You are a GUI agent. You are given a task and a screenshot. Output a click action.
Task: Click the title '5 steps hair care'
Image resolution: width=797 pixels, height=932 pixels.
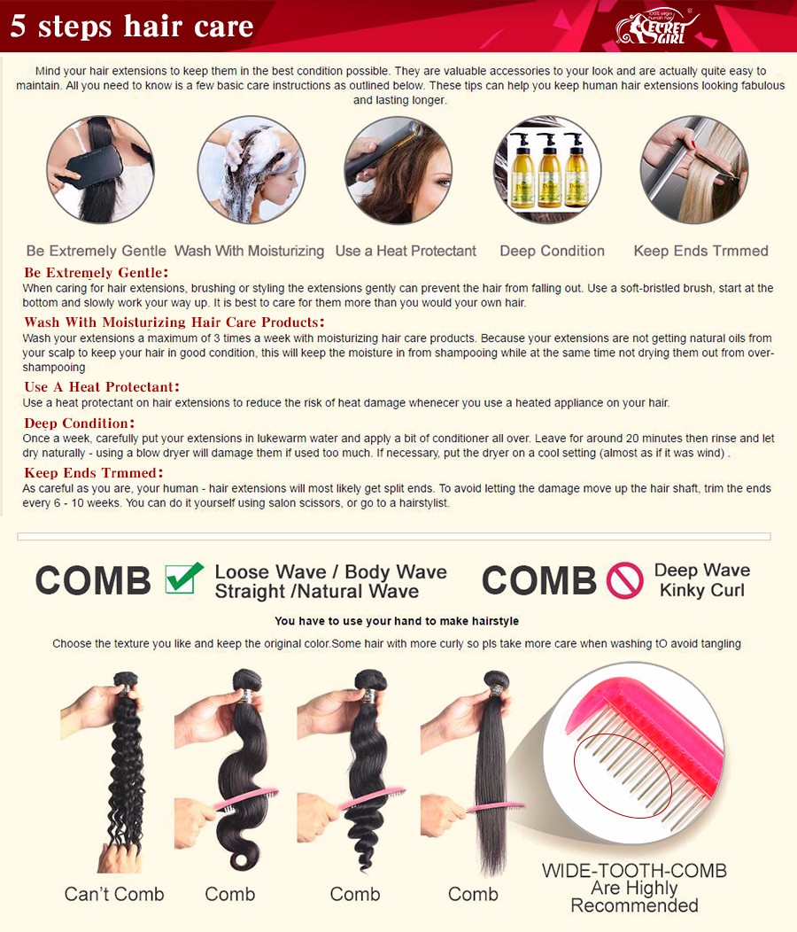click(x=132, y=27)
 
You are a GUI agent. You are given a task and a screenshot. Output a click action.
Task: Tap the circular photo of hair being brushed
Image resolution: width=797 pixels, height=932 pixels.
click(x=100, y=169)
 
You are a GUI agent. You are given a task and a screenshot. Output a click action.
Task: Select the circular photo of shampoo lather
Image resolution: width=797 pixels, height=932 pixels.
click(x=251, y=169)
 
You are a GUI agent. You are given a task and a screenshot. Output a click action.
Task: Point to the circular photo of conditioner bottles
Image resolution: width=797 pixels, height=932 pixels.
click(x=547, y=169)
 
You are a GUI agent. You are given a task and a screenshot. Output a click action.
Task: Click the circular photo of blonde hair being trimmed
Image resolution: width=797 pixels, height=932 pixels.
click(x=694, y=169)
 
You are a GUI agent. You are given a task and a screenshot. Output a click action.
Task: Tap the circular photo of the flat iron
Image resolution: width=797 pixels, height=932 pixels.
click(x=398, y=169)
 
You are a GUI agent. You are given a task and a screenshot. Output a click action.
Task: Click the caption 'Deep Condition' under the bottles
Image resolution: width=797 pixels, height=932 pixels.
click(x=552, y=251)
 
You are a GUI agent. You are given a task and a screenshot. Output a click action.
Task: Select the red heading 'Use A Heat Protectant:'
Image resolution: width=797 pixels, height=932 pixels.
click(x=102, y=387)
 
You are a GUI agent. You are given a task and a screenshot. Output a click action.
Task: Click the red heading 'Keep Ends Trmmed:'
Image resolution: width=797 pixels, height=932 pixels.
click(x=93, y=473)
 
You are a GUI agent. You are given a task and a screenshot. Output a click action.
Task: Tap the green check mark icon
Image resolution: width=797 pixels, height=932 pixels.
click(x=183, y=578)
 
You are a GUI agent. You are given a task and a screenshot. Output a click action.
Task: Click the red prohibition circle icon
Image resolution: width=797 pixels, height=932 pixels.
click(x=624, y=580)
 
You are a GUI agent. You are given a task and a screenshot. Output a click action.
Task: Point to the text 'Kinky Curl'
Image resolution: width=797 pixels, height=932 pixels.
click(x=702, y=590)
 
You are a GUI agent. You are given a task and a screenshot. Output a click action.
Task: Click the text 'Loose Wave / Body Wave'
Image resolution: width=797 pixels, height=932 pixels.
click(x=330, y=571)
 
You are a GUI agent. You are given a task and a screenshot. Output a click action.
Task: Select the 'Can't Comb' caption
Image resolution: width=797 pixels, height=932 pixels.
click(x=114, y=894)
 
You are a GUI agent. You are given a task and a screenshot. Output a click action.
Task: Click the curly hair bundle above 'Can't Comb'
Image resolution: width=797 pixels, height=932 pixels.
click(x=126, y=766)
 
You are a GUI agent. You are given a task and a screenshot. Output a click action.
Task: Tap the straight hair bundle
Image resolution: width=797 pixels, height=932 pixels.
click(x=491, y=773)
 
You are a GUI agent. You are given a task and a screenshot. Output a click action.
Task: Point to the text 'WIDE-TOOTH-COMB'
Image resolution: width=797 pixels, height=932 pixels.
click(x=634, y=871)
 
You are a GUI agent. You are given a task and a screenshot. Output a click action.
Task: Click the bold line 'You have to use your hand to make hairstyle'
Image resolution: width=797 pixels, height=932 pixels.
click(x=397, y=621)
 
